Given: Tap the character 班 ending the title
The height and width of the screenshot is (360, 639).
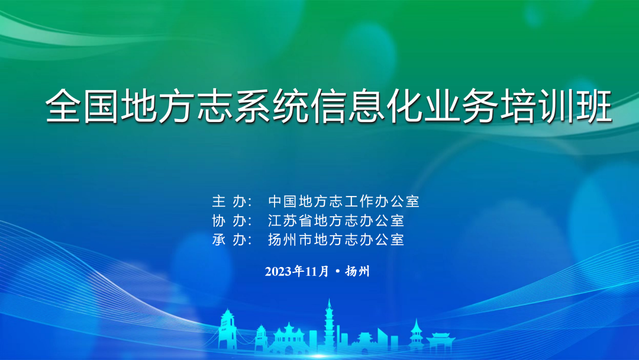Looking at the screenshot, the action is click(x=594, y=105).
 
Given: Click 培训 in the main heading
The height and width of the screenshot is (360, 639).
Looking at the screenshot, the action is click(x=537, y=105).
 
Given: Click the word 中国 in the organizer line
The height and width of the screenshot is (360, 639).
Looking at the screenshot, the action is click(x=282, y=201).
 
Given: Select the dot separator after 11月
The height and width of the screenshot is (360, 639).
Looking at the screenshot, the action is click(x=337, y=271).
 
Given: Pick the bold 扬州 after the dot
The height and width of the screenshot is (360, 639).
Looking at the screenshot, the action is click(x=357, y=272).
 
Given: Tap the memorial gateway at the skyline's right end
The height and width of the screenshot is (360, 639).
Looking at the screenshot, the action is click(x=440, y=342).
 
